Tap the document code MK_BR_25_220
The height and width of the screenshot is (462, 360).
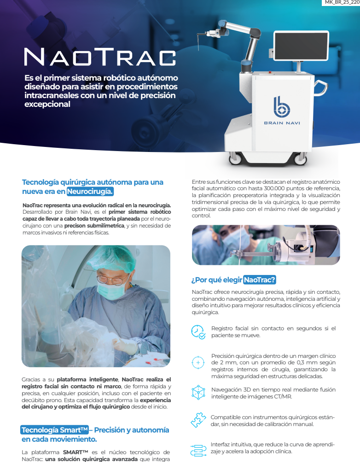pos(342,3)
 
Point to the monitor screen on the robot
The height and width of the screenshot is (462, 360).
pos(301,47)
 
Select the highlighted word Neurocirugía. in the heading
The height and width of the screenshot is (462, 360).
pos(90,191)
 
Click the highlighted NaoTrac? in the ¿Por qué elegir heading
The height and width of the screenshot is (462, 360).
pos(259,280)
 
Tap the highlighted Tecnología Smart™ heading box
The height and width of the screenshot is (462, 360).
pos(55,430)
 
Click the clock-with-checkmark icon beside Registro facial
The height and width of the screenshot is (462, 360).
pos(198,332)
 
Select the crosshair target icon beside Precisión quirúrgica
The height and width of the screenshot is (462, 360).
pos(198,363)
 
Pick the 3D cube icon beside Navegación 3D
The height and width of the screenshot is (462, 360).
pos(198,392)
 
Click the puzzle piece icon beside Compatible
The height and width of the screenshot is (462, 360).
pos(198,420)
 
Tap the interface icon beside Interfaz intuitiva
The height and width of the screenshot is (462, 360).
pos(198,448)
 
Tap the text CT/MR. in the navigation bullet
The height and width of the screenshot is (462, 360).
pos(282,396)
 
